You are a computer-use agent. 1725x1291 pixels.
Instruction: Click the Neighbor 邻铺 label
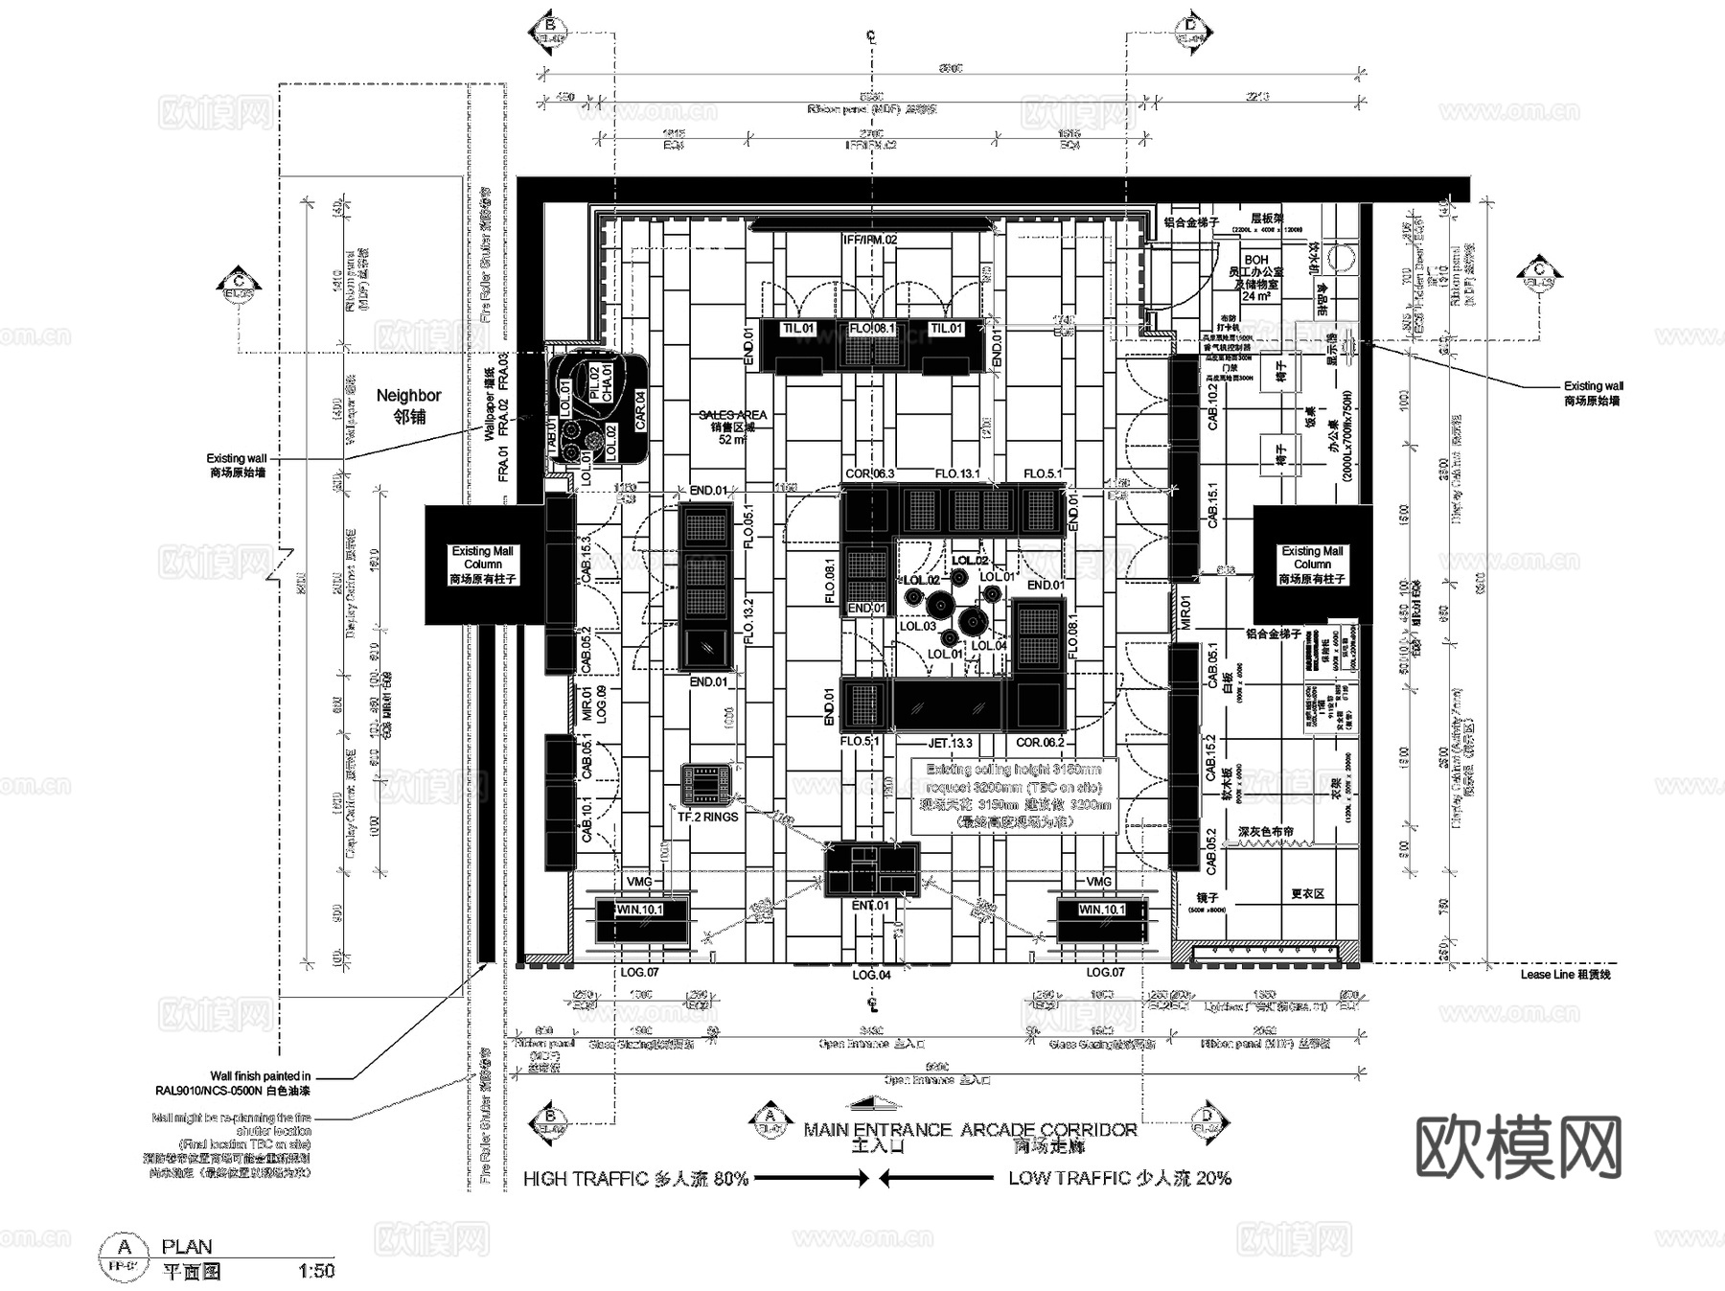[408, 405]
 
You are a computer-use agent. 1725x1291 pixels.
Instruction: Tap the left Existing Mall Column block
[483, 565]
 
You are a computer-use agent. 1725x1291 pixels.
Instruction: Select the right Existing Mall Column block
[1312, 565]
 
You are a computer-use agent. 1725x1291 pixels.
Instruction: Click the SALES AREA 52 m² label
[732, 426]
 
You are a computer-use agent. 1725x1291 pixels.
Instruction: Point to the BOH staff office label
[1255, 277]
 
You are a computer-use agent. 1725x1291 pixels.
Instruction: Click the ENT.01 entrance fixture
[871, 869]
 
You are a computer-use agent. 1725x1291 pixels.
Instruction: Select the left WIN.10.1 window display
[640, 920]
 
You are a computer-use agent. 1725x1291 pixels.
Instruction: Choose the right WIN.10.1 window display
[1101, 920]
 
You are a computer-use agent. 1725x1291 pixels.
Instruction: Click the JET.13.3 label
[950, 743]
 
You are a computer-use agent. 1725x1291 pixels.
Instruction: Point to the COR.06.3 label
[869, 473]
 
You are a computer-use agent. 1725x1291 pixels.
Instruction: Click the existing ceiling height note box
[1015, 795]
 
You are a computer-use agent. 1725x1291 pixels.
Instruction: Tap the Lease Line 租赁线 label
[1565, 974]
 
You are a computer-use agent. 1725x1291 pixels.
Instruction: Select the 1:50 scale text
[316, 1271]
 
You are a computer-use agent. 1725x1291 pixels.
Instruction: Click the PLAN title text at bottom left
[187, 1247]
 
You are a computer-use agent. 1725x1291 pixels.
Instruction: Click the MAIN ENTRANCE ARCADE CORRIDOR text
[970, 1130]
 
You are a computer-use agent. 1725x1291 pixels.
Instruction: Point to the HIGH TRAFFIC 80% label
[635, 1179]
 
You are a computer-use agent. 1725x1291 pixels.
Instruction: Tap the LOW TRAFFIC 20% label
[1119, 1178]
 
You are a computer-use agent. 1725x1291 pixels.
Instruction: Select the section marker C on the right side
[1539, 276]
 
